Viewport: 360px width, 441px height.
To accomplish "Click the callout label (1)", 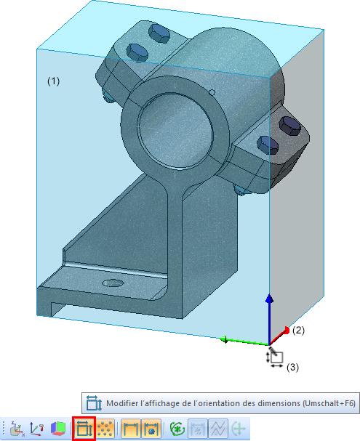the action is (x=53, y=81).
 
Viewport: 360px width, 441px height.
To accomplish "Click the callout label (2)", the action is (x=298, y=330).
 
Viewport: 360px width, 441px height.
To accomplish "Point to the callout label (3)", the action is (x=293, y=368).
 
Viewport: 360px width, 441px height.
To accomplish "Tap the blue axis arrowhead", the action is (x=269, y=299).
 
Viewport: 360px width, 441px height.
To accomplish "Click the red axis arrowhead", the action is (x=286, y=330).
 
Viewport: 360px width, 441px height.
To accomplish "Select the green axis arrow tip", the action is (x=225, y=339).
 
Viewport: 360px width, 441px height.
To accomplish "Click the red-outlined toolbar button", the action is (x=84, y=429).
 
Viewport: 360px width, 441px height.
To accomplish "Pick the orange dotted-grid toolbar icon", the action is (x=105, y=429).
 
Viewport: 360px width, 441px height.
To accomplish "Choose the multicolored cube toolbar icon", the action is (x=58, y=429).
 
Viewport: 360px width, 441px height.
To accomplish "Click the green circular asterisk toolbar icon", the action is (x=177, y=429).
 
